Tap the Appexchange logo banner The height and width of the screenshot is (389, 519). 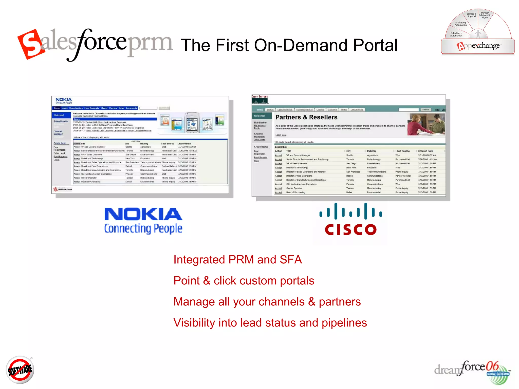click(x=478, y=46)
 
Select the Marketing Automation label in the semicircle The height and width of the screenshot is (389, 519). click(x=460, y=24)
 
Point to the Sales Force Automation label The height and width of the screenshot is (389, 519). click(x=456, y=34)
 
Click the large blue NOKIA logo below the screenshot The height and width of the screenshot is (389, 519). click(x=143, y=214)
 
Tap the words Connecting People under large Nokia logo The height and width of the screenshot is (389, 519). click(x=143, y=228)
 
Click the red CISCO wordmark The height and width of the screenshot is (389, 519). click(x=351, y=229)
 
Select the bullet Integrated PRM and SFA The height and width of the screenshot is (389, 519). click(x=238, y=260)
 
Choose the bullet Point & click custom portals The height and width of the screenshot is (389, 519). click(x=244, y=281)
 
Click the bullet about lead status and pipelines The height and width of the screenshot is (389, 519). click(x=270, y=323)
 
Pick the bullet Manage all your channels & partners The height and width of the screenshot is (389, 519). click(x=267, y=302)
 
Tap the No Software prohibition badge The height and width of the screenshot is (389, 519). click(x=20, y=370)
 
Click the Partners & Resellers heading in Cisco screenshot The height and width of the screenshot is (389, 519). click(x=306, y=117)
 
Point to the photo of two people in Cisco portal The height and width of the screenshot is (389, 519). click(x=426, y=125)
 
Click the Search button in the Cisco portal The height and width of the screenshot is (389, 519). click(x=425, y=110)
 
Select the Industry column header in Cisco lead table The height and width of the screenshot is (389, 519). click(x=372, y=151)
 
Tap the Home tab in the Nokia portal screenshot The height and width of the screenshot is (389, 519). click(x=57, y=108)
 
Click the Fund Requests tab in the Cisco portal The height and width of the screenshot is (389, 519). click(x=304, y=110)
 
